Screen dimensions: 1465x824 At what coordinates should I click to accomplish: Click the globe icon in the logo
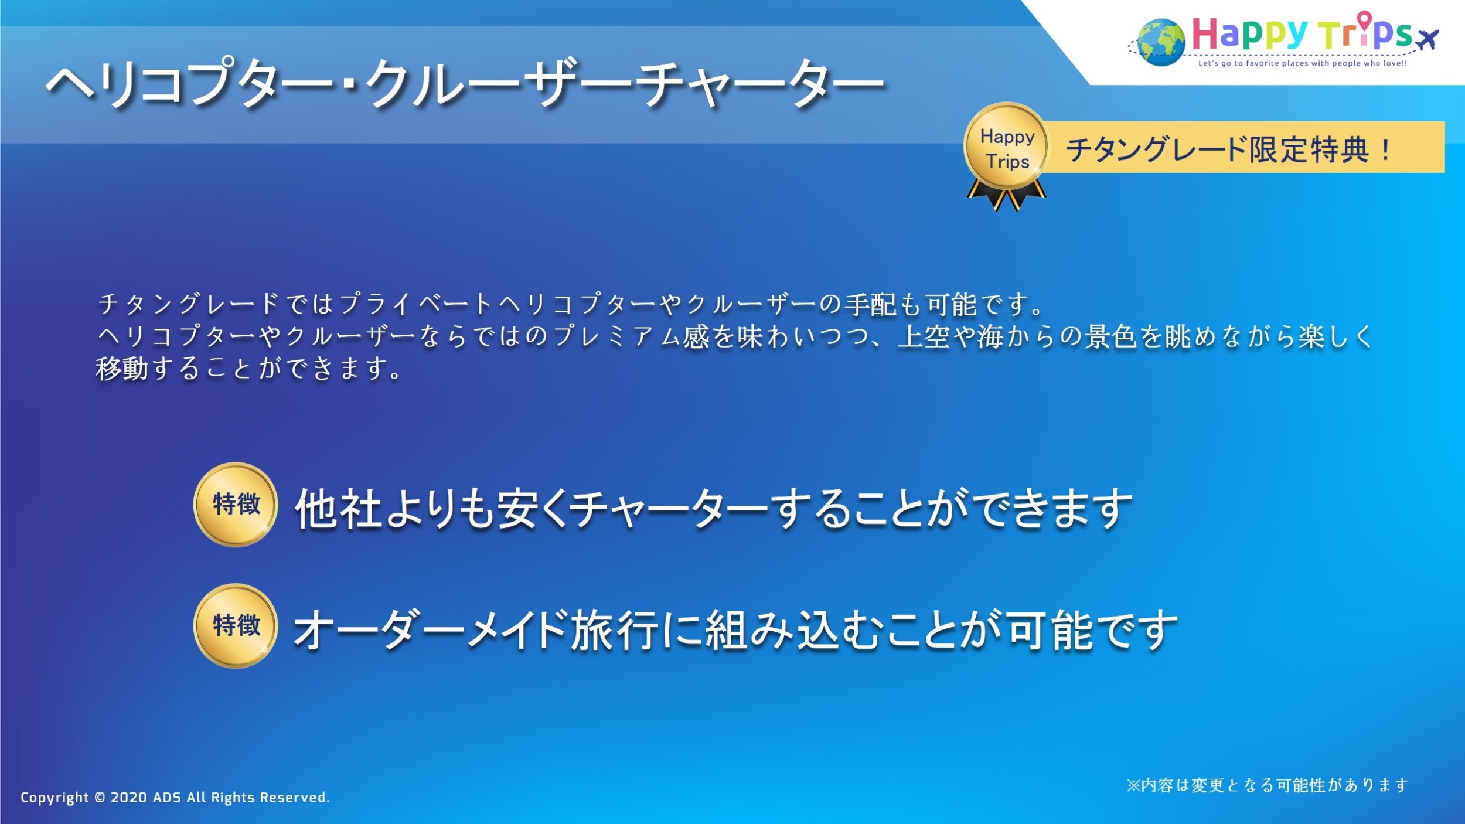[1160, 42]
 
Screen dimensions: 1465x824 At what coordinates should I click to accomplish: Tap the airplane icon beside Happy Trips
[1427, 40]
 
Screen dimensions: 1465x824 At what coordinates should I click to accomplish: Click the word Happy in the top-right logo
[1249, 35]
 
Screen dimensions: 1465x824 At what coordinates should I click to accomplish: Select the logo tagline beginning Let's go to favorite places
[1302, 63]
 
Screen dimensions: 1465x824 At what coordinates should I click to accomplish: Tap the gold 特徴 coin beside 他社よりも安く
[236, 505]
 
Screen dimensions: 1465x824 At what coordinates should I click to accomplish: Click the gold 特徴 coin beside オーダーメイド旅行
[236, 626]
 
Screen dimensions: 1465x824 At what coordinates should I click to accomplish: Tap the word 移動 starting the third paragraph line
[122, 369]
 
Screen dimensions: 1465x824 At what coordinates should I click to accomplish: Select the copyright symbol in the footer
[100, 798]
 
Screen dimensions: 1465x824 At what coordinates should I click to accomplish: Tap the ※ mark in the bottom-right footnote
[1133, 785]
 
